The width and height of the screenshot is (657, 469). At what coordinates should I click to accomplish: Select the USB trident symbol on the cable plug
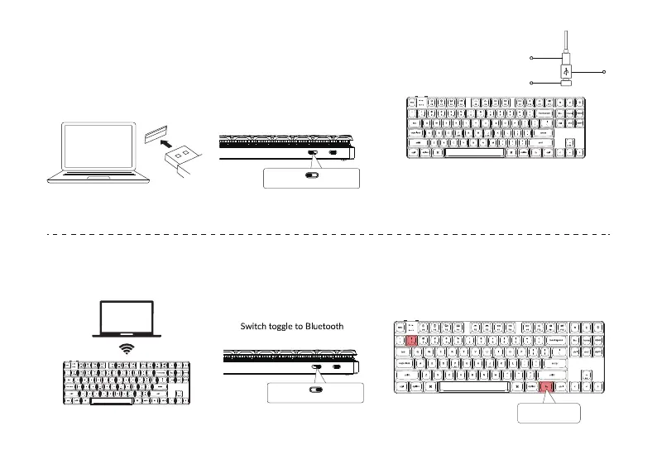pos(566,69)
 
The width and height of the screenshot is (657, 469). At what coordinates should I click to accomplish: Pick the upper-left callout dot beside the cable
pos(530,59)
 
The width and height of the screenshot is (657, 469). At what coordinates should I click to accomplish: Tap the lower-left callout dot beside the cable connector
pos(530,83)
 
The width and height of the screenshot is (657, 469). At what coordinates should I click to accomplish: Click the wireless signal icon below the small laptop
pos(126,349)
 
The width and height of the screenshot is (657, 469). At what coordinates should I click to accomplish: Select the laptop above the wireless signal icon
pos(126,317)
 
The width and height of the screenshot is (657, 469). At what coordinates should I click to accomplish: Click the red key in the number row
pos(412,339)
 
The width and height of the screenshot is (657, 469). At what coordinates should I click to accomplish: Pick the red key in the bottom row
pos(546,386)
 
